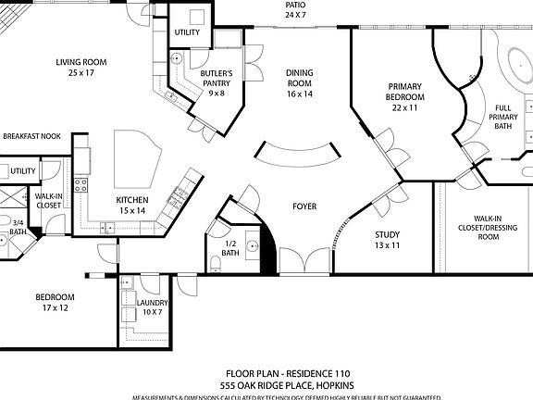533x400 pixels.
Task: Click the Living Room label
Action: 81,68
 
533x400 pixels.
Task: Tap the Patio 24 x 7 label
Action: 294,10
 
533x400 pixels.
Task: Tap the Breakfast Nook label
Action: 31,136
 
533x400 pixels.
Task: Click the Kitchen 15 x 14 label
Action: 130,206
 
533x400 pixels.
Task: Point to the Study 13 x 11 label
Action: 387,240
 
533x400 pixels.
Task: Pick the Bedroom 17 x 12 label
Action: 55,302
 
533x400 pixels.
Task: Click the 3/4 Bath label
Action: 18,227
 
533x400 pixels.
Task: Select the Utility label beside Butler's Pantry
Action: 188,32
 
